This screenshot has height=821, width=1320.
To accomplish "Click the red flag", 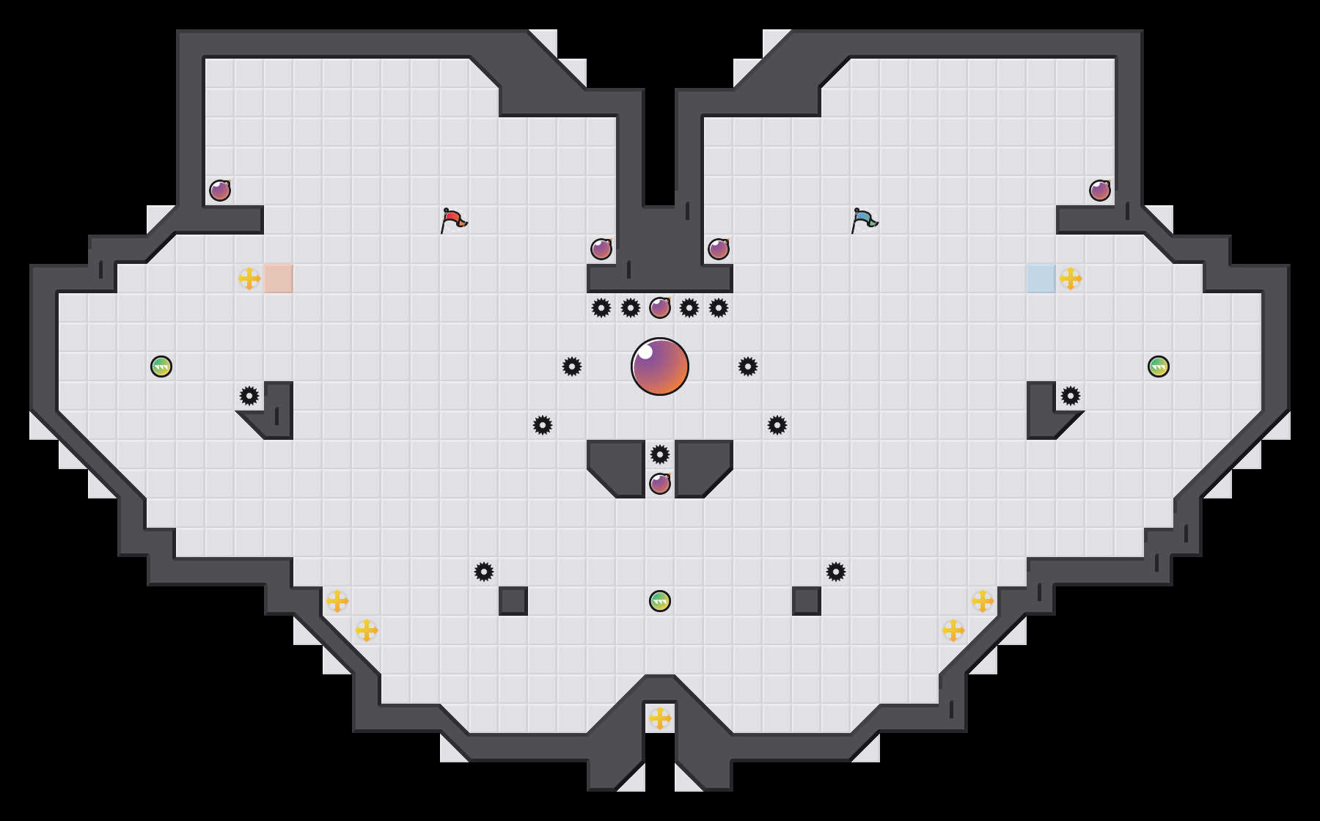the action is tap(453, 220).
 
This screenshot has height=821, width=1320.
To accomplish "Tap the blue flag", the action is tap(864, 220).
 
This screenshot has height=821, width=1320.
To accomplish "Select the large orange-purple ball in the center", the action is tap(660, 367).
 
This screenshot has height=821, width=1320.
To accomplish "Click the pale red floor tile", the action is tap(279, 279).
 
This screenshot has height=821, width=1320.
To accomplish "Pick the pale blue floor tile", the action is tap(1041, 279).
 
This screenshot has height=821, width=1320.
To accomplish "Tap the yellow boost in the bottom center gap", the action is tap(660, 718).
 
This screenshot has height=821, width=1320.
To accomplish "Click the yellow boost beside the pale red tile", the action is tap(249, 279).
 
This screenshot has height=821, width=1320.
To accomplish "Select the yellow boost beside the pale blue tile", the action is tap(1071, 279).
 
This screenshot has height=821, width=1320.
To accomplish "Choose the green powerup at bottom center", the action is tap(660, 601).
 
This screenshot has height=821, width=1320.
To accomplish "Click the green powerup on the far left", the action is tap(161, 367).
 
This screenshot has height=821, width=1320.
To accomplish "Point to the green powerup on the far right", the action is tap(1159, 367).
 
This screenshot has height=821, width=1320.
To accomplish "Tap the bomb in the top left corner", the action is tap(220, 191).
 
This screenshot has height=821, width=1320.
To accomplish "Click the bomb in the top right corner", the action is tap(1100, 191).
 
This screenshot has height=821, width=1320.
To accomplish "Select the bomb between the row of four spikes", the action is tap(660, 308).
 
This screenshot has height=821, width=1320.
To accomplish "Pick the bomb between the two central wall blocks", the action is tap(660, 484).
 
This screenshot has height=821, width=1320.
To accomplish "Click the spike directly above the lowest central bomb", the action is tap(660, 454).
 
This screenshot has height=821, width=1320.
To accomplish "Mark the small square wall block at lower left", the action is tap(513, 601).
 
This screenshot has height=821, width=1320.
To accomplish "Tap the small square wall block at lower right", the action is tap(807, 601).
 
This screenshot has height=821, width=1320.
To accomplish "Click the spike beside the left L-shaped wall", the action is tap(249, 396).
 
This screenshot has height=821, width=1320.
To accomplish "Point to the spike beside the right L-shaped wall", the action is tap(1071, 396).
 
